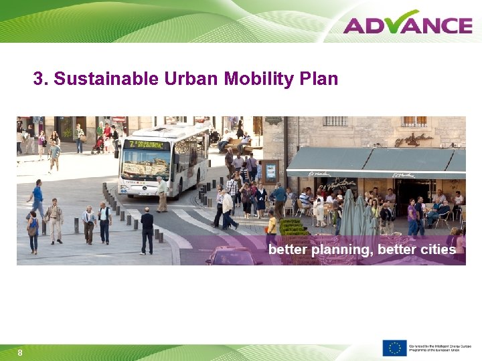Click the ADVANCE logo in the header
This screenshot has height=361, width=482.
click(x=408, y=24)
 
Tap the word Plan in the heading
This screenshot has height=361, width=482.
click(x=319, y=80)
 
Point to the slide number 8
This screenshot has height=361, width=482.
click(x=20, y=352)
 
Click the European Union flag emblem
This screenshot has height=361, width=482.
click(x=394, y=348)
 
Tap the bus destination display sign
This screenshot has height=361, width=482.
click(x=147, y=144)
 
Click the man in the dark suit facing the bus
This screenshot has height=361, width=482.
click(x=147, y=230)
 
